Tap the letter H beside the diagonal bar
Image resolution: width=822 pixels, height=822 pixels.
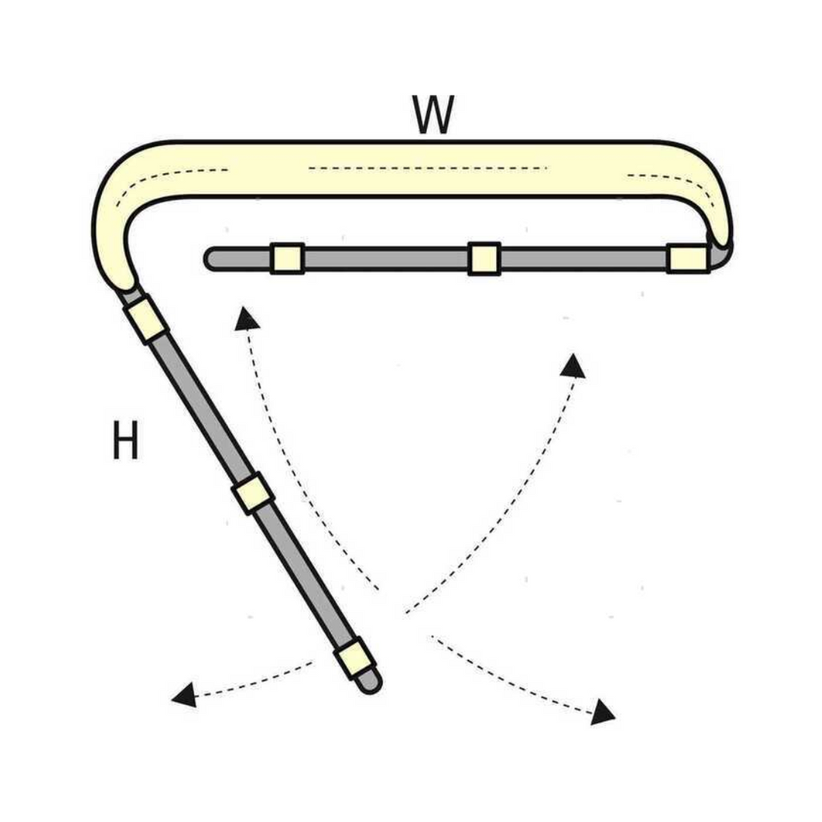[x=125, y=441]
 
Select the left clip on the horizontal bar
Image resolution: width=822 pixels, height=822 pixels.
[x=287, y=258]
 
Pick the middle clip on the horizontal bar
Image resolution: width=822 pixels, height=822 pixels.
[x=484, y=258]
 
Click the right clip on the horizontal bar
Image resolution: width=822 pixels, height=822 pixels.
[x=688, y=258]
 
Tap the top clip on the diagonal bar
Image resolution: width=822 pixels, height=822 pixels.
[x=147, y=319]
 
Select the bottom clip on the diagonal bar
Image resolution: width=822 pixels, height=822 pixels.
[x=354, y=659]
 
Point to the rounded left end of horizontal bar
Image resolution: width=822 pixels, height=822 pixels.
[x=213, y=258]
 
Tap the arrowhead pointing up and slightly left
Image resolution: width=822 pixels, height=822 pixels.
[x=246, y=319]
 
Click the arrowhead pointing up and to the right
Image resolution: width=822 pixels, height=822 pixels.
[x=574, y=366]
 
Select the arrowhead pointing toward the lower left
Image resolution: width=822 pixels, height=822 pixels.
[x=184, y=694]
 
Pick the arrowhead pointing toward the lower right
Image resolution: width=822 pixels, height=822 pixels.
[x=604, y=711]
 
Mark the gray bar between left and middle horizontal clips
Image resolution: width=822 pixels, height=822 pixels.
[x=385, y=258]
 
